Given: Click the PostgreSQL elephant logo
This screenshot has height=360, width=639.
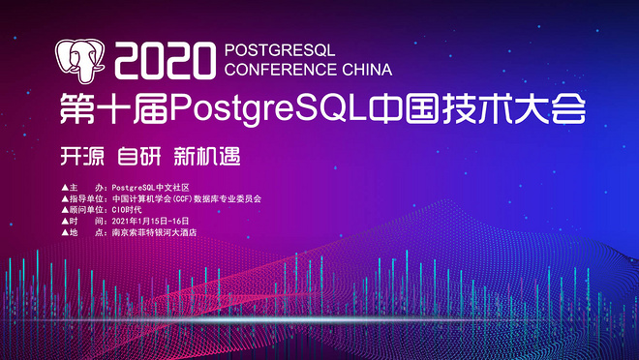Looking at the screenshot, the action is [79, 60].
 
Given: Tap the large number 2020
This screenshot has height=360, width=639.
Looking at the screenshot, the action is [165, 61].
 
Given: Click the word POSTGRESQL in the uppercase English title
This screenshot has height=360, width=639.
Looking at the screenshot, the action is [280, 50].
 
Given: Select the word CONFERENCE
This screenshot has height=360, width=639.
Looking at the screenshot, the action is [281, 70].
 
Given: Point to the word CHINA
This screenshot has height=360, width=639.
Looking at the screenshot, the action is [367, 70].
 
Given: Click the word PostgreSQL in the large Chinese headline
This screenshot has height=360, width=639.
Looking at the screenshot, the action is [269, 109].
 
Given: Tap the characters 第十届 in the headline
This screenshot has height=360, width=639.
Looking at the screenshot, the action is [114, 108].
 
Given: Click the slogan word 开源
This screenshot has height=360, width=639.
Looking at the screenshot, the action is [82, 156].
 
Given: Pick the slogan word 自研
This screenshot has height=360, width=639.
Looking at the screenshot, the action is [139, 156].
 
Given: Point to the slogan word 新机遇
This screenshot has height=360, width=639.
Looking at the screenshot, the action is [207, 156].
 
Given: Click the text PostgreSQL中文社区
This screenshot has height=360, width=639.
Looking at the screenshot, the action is [150, 188].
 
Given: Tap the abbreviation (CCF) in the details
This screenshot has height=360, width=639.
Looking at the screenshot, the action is [182, 199].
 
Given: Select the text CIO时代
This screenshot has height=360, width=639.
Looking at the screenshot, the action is [127, 210].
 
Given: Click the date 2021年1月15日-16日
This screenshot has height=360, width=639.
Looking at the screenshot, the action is [150, 222].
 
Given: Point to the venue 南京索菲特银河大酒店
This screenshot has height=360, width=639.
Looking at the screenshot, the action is [154, 232].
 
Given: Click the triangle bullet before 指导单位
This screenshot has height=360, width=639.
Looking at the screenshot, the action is [65, 199].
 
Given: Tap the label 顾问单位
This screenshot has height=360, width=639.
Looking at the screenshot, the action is [85, 210].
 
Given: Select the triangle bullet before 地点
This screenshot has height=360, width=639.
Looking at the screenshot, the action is [65, 232].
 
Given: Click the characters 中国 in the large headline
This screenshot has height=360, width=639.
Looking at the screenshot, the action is [405, 108].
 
